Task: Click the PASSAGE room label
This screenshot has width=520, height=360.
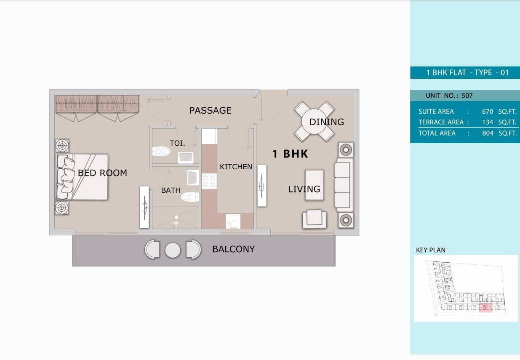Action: click(x=211, y=110)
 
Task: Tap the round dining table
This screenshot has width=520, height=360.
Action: click(x=314, y=121)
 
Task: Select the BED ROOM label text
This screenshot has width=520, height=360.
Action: click(x=102, y=173)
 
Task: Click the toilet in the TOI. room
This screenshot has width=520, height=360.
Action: click(x=162, y=151)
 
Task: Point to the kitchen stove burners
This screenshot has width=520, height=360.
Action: click(x=209, y=181)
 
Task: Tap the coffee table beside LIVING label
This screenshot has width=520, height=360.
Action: click(x=315, y=185)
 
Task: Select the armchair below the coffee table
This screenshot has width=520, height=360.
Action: click(x=315, y=219)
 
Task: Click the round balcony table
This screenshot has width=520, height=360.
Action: click(x=173, y=251)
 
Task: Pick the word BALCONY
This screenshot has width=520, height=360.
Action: click(x=233, y=249)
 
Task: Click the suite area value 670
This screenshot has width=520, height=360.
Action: click(x=488, y=112)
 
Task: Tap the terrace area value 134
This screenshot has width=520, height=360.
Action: click(x=488, y=122)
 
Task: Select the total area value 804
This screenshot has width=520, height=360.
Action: click(x=488, y=133)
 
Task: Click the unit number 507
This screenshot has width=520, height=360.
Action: click(x=467, y=96)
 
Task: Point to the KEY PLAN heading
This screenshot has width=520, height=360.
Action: click(x=431, y=250)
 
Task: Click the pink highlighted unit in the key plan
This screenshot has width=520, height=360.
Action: click(x=486, y=307)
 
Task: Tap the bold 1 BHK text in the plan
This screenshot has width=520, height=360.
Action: click(x=290, y=154)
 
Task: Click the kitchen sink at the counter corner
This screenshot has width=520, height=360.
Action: click(x=233, y=221)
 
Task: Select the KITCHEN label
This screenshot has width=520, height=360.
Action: click(x=236, y=167)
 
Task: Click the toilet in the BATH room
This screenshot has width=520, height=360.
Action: click(x=189, y=197)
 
